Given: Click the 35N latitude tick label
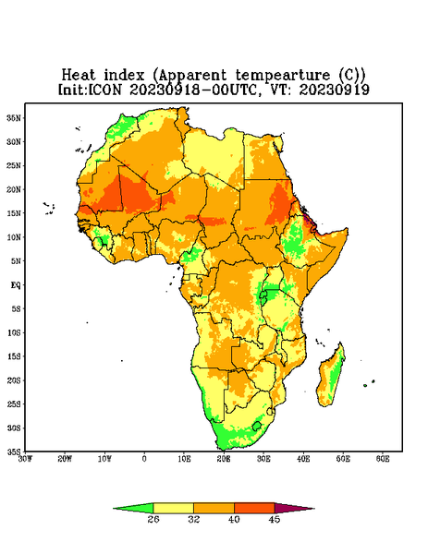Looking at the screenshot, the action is pos(14,117).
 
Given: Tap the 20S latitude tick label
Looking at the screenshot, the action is pos(14,380).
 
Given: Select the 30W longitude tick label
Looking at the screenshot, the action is pos(26,459).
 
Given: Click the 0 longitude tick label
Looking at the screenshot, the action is pos(144,459).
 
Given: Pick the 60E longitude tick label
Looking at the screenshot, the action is pos(383,459).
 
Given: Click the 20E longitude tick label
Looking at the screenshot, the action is pos(224,459).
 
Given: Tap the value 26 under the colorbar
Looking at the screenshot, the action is pos(153,519).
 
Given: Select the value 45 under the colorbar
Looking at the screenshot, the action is pos(275,519).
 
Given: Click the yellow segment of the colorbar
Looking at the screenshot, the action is pos(173,508).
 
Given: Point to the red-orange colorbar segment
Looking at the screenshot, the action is pos(254,508).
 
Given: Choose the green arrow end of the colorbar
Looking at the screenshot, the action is pos(133,508).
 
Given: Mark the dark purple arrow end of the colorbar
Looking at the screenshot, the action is pos(295,508).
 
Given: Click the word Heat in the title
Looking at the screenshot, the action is pos(79,76).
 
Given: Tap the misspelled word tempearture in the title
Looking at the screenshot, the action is pos(282,76).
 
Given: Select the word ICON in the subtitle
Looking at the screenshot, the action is pos(104,90).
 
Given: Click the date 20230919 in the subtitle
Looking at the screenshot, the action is pos(335,90).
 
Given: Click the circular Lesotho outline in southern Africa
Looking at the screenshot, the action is pos(257,426).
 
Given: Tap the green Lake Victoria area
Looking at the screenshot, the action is pos(268,295).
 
